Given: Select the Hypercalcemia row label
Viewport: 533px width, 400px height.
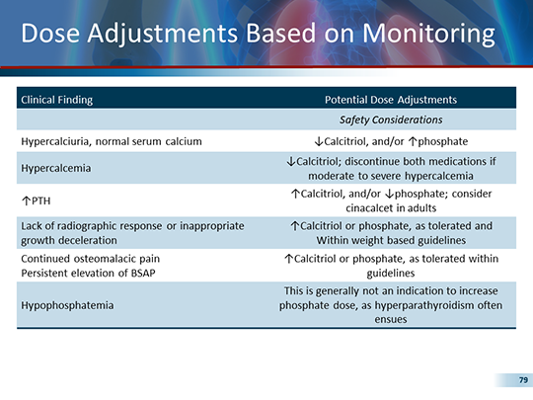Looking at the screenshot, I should coord(56,168).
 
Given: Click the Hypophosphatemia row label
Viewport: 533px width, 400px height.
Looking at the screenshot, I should coord(66,306).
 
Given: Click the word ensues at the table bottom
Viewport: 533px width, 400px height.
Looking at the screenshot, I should coord(391,321).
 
